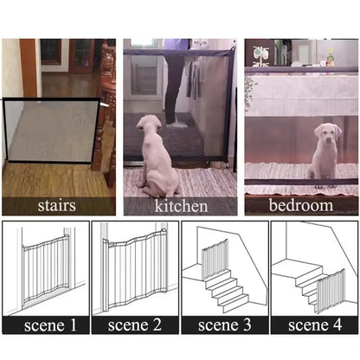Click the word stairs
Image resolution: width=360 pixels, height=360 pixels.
tap(58, 206)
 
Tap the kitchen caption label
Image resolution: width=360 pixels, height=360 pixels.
tap(181, 206)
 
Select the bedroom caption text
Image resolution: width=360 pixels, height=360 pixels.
tap(300, 206)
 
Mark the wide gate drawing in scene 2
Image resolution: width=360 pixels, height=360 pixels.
tap(134, 268)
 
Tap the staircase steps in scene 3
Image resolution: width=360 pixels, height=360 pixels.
tap(227, 290)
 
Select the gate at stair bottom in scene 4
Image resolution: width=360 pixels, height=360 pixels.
tap(330, 290)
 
